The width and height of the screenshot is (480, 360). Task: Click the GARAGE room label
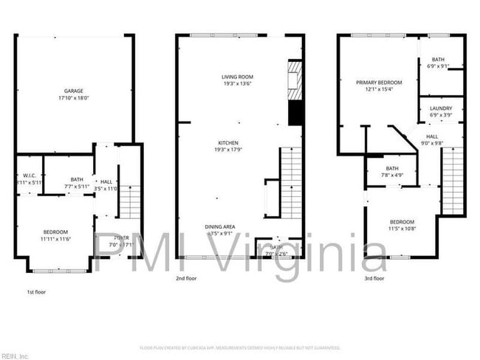(72, 90)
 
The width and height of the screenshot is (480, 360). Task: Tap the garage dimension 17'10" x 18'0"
(72, 97)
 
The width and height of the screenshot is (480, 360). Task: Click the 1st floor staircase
(130, 201)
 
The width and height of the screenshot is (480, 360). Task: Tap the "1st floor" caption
(35, 292)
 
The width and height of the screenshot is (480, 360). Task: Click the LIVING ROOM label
(238, 77)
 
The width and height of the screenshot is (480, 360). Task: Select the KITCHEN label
(227, 142)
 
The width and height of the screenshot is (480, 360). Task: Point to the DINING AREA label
(220, 226)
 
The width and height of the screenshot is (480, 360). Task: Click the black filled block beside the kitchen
(295, 113)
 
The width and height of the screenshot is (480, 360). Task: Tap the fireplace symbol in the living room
(295, 78)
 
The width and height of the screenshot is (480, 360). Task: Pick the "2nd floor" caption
(187, 279)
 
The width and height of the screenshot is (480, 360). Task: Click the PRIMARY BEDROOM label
(379, 83)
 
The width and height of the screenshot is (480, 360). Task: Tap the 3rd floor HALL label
(431, 136)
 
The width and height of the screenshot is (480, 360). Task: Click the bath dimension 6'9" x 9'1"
(439, 66)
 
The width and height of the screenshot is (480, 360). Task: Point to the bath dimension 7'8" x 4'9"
(391, 176)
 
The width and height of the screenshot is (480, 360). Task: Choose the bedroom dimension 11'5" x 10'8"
(402, 229)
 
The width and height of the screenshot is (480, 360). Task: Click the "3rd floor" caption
(374, 279)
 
